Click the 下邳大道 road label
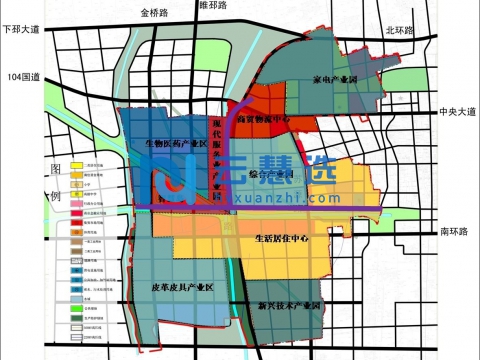28,30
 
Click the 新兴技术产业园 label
289,302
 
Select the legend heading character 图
56,171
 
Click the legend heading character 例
56,196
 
